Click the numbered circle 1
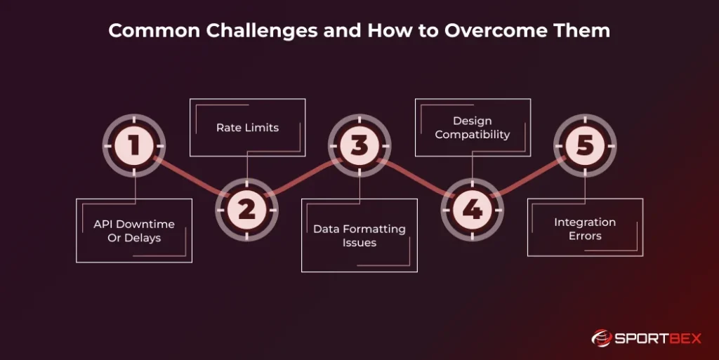pos(134,146)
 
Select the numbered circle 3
pos(359,146)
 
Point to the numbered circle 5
pos(585,146)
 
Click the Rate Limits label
pos(247,128)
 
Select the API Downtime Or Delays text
pos(134,231)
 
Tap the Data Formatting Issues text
pos(359,236)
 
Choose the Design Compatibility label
pos(473,128)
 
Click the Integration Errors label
pos(585,229)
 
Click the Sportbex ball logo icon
pos(602,339)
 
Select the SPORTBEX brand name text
pos(657,339)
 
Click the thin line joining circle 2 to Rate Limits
pos(247,167)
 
